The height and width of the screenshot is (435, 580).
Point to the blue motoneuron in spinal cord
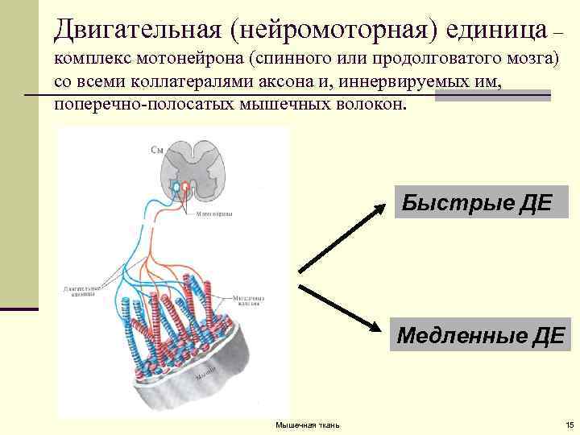pyautogui.click(x=173, y=188)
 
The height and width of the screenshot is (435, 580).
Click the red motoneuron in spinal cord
pyautogui.click(x=186, y=188)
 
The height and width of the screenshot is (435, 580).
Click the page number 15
pyautogui.click(x=568, y=425)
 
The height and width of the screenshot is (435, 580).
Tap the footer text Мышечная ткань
pyautogui.click(x=307, y=425)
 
